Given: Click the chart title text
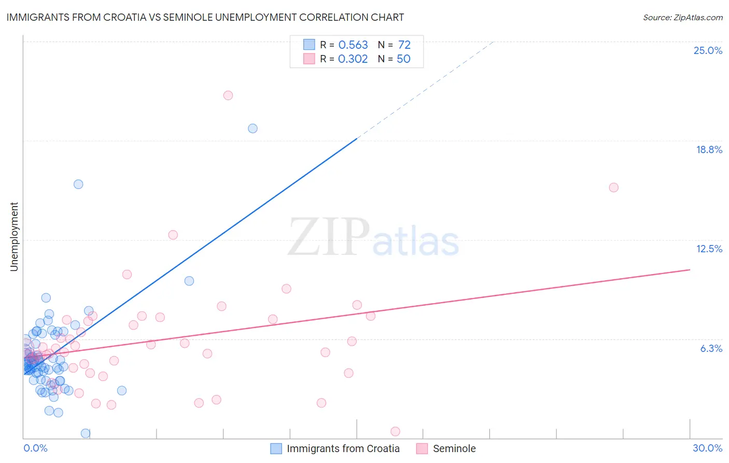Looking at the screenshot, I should [205, 17].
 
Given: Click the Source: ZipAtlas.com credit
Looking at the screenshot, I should [682, 17].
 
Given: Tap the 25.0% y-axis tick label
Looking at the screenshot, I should [708, 50].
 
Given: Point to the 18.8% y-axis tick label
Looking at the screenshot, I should [709, 149].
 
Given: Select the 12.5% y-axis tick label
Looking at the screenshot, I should [709, 249].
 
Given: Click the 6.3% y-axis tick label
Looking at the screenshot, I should [711, 348].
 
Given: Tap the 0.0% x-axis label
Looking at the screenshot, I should [35, 448].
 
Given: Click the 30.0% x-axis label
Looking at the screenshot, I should [707, 448].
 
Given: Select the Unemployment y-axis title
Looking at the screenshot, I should [14, 237].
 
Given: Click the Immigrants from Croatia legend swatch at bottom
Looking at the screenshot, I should [276, 448].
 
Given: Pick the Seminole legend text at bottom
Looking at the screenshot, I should [454, 448].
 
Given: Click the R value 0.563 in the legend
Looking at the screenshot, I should [353, 45].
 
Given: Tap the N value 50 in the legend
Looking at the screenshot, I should [403, 59].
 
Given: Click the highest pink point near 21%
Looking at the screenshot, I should [228, 96].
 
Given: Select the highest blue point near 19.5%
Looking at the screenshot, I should [253, 129].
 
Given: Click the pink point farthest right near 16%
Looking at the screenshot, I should [614, 187].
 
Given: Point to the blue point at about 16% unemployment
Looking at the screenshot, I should [78, 184].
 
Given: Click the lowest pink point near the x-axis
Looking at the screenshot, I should [395, 431].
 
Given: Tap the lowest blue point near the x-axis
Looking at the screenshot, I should [86, 433].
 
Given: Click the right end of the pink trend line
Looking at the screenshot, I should [690, 270].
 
